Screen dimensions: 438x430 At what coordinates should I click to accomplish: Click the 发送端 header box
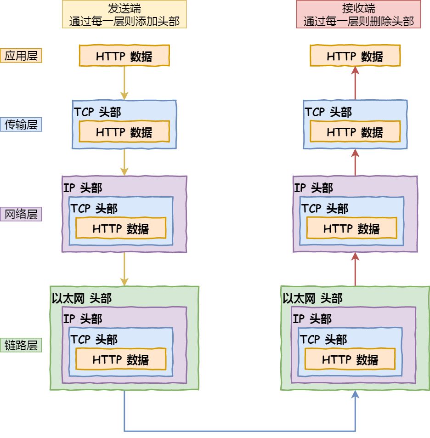click(x=124, y=14)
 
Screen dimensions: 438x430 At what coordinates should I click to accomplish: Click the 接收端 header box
click(x=358, y=14)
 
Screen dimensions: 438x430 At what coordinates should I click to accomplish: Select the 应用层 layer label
click(x=21, y=56)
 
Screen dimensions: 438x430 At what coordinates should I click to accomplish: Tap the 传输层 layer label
click(x=21, y=124)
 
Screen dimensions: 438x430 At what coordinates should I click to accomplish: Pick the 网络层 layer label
click(x=21, y=214)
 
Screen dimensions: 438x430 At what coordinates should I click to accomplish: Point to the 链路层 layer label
click(x=21, y=345)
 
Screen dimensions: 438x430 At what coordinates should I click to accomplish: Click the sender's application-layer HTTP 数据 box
click(x=124, y=56)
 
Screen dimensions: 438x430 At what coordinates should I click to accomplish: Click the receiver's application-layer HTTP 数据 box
click(x=355, y=56)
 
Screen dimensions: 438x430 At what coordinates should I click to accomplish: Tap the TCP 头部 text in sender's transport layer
click(x=97, y=112)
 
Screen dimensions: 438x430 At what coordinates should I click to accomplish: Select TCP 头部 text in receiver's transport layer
click(x=328, y=112)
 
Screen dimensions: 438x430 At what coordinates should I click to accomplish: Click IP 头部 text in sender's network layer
click(x=83, y=188)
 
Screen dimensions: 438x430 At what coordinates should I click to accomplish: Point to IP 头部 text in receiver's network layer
click(x=313, y=188)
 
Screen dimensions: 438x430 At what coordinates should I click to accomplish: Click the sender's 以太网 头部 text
click(x=82, y=298)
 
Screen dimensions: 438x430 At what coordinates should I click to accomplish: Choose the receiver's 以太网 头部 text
click(x=312, y=298)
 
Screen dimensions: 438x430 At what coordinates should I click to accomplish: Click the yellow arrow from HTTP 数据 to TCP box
click(x=124, y=83)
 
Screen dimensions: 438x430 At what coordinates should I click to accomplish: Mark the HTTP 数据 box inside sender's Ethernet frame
click(x=121, y=359)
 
